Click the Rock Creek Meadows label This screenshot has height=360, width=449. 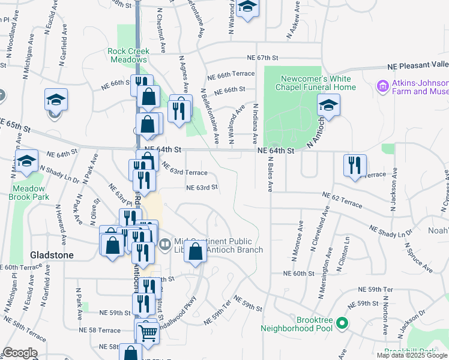tap(128, 55)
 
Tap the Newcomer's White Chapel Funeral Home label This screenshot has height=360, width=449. tap(316, 83)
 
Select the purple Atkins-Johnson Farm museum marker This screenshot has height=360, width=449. tap(382, 87)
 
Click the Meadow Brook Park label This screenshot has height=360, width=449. tap(28, 192)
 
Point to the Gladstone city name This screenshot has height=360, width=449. tap(52, 255)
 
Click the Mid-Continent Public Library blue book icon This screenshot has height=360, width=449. tap(165, 244)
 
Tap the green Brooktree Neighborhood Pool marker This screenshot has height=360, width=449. tap(342, 324)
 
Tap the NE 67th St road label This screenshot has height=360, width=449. tap(262, 58)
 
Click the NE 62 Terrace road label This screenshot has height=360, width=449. tap(342, 200)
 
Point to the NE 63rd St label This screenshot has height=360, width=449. tap(201, 187)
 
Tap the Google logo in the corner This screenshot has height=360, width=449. tap(20, 353)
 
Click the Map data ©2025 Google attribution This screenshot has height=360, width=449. tap(411, 355)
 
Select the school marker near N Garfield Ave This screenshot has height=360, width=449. tap(56, 100)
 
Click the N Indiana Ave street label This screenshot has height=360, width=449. tap(255, 123)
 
